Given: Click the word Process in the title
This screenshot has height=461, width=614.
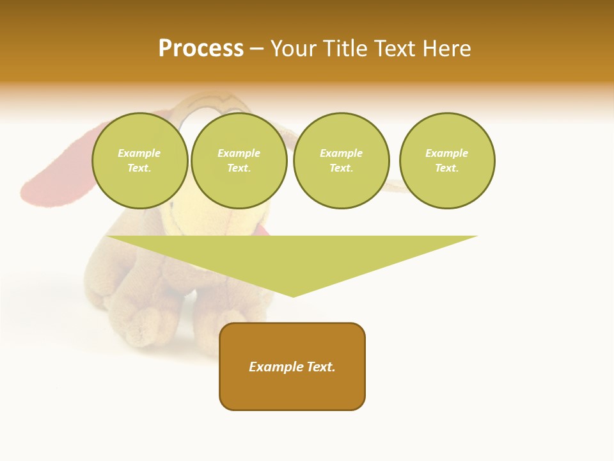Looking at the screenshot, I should [x=201, y=49].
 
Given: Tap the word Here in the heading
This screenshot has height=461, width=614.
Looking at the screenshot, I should [x=447, y=49].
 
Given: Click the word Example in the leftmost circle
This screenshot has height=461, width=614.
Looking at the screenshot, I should [x=139, y=153].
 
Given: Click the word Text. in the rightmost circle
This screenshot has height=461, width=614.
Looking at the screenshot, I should [x=447, y=168].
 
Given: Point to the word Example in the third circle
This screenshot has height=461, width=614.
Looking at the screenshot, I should [x=341, y=153].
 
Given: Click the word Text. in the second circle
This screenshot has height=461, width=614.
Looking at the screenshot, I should [x=239, y=168].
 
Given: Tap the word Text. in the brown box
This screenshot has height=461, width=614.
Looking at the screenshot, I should [x=321, y=367].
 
